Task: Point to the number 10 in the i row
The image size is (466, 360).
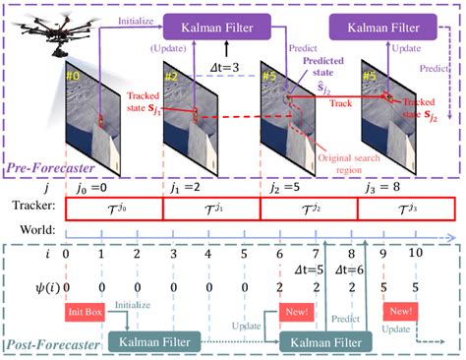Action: tap(414, 254)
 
